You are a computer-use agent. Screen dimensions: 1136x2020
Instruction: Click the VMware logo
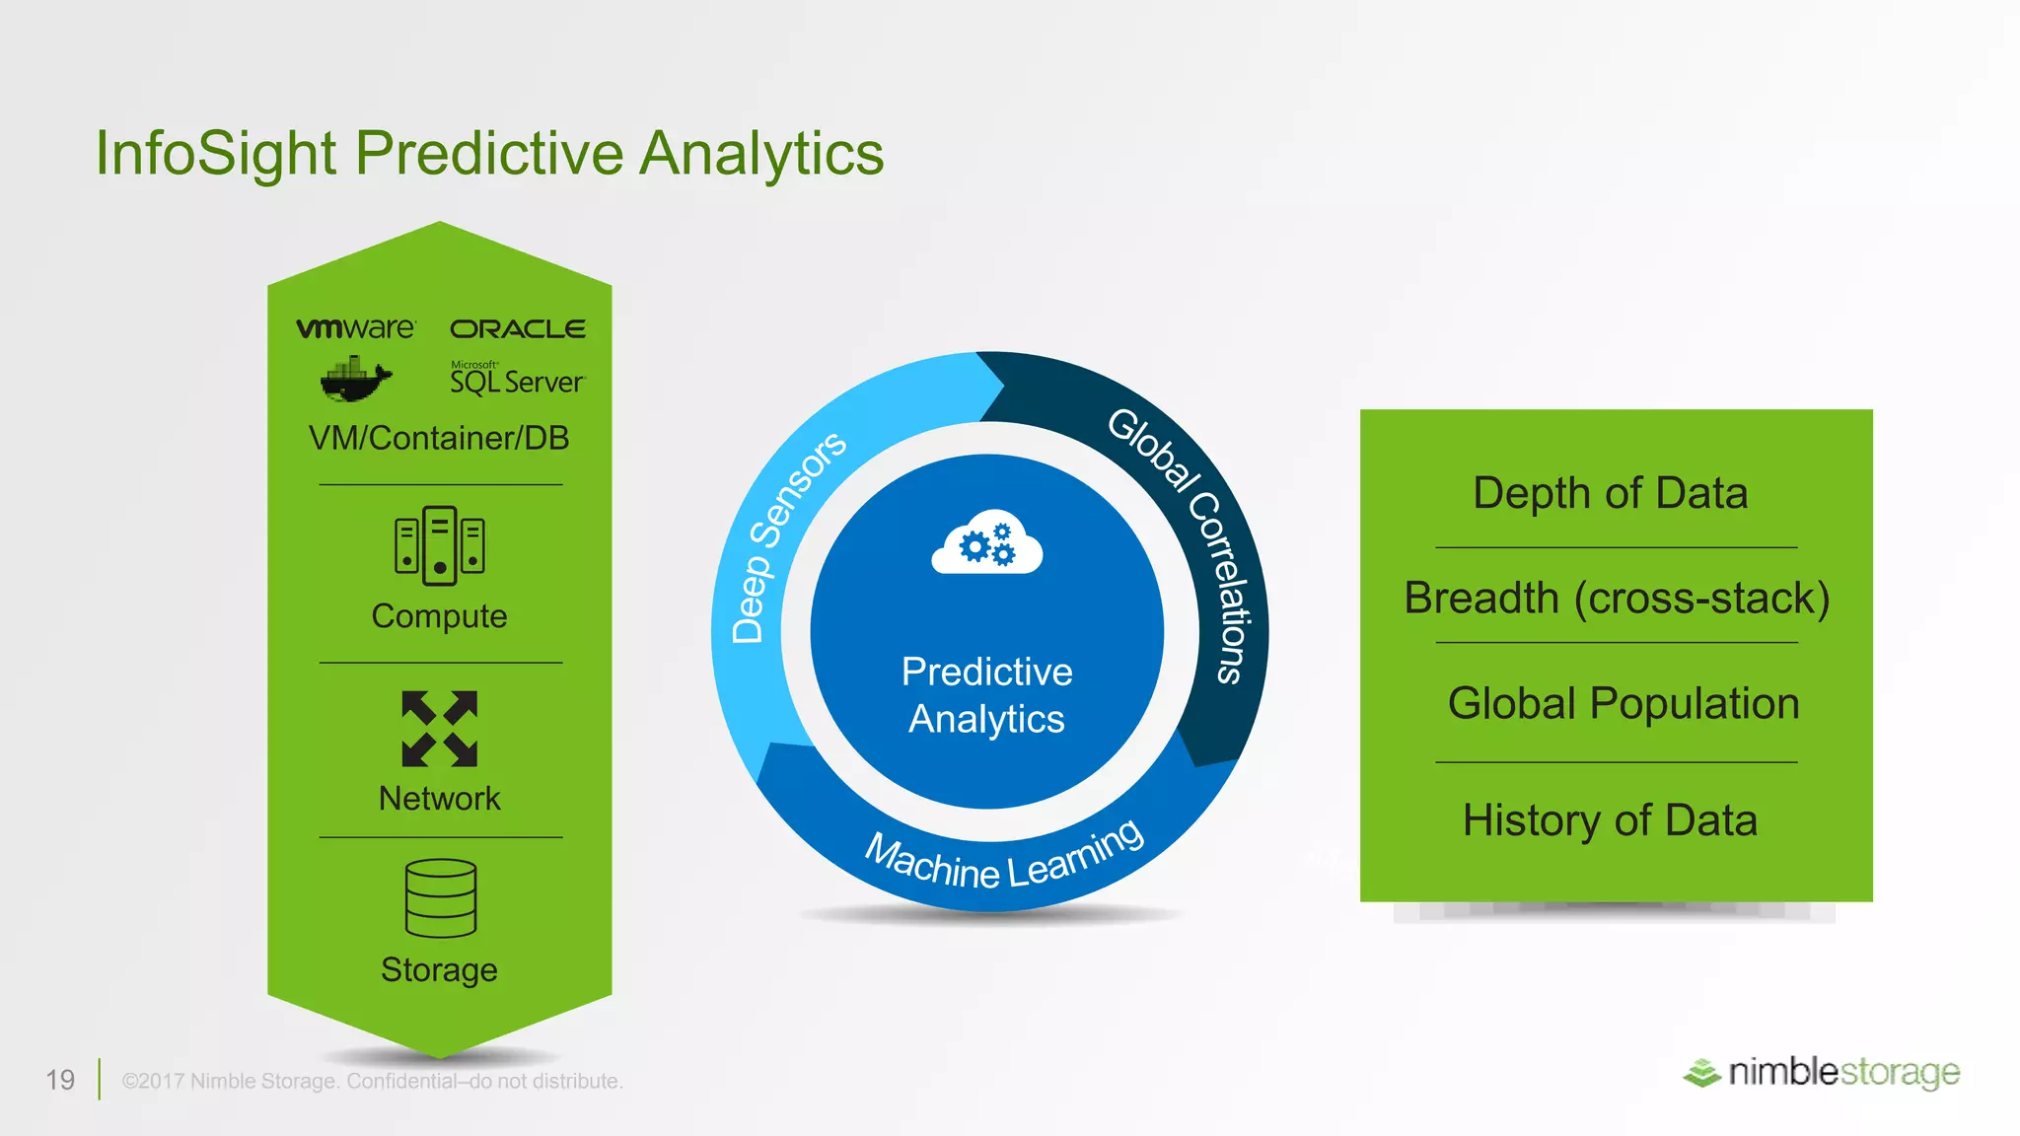click(x=356, y=328)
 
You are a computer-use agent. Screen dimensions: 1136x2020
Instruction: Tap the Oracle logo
click(x=518, y=329)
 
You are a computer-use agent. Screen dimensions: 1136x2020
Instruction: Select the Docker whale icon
click(x=355, y=381)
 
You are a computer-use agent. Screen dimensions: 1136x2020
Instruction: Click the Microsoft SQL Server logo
click(x=517, y=379)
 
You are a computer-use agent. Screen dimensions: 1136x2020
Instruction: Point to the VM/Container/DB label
click(x=439, y=438)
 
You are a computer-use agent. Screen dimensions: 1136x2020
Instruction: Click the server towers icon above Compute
click(x=439, y=545)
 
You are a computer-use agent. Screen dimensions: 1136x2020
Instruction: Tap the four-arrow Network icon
click(x=440, y=729)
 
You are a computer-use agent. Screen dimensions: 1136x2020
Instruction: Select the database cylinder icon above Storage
click(x=440, y=898)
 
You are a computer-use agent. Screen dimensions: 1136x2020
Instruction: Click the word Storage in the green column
click(x=439, y=970)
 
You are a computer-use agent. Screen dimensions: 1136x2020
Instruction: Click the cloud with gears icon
click(x=986, y=543)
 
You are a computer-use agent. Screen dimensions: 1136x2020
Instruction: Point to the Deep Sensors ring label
click(x=786, y=537)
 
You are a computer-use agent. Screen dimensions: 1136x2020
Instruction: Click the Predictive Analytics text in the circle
click(x=986, y=695)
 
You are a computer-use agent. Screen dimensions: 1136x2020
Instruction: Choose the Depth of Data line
click(x=1610, y=493)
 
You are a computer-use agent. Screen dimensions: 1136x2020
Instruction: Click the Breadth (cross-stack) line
click(x=1617, y=599)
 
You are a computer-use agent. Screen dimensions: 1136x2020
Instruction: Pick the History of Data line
click(x=1610, y=820)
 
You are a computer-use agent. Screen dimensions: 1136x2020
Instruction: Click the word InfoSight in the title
click(x=216, y=155)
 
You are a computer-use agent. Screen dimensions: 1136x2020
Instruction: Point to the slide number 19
click(x=60, y=1080)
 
